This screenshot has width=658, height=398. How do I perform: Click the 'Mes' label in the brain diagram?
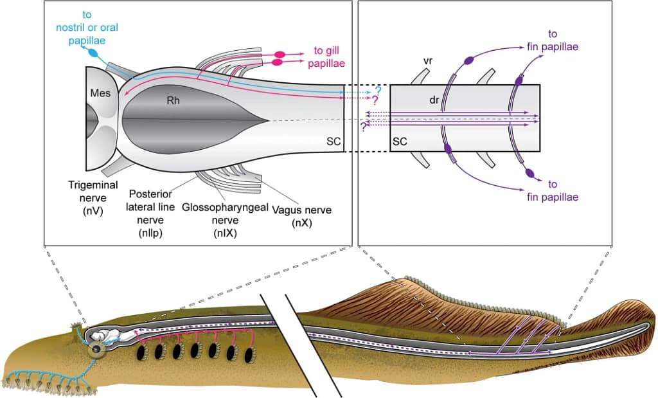click(100, 93)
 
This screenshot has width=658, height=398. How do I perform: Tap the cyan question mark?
click(378, 91)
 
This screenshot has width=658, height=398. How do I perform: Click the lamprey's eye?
click(96, 350)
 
